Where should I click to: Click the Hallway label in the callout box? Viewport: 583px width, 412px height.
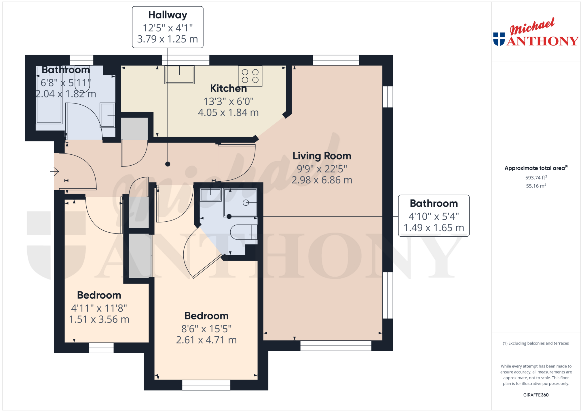[168, 15]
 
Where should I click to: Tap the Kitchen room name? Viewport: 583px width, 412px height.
[228, 88]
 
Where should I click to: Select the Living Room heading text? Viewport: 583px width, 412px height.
[322, 156]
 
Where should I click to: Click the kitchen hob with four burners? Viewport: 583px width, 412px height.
[250, 76]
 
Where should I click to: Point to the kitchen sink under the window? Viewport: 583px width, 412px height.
[179, 75]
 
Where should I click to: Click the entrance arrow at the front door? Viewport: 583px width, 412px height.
[54, 172]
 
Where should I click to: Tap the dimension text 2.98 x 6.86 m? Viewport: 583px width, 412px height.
[322, 180]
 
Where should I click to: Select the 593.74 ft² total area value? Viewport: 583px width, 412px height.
[536, 177]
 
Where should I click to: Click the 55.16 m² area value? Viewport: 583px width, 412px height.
[536, 186]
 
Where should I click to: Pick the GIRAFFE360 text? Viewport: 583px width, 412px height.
[536, 395]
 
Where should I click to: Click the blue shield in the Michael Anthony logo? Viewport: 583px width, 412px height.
[499, 39]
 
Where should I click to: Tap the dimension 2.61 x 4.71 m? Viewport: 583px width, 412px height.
[206, 340]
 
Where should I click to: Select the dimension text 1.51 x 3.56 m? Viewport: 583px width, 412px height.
[99, 319]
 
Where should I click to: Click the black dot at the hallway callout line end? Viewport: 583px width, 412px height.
[168, 164]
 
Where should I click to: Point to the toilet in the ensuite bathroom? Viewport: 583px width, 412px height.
[244, 232]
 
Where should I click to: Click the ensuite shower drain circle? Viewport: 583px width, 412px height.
[246, 203]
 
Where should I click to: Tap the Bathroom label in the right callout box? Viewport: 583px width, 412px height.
[434, 204]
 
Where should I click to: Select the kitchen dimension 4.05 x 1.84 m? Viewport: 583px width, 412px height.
[228, 112]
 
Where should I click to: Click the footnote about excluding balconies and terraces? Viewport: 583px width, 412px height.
[536, 343]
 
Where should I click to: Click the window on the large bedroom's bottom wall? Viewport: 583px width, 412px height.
[206, 385]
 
